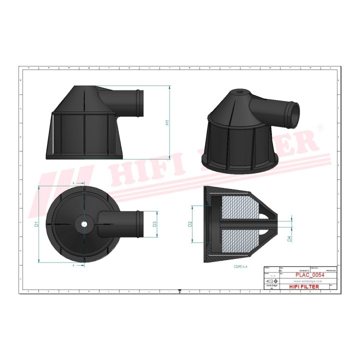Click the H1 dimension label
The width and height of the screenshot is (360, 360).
pyautogui.click(x=168, y=122)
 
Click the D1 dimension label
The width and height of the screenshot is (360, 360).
pyautogui.click(x=36, y=224)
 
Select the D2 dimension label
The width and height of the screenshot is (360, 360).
pyautogui.click(x=189, y=224)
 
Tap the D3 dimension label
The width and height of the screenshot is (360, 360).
pyautogui.click(x=155, y=224)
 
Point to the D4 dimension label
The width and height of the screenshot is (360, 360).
pyautogui.click(x=289, y=239)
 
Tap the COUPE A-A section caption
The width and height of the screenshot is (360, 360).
pyautogui.click(x=241, y=267)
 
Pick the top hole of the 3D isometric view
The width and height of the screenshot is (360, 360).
pyautogui.click(x=239, y=92)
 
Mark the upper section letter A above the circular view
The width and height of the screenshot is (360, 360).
pyautogui.click(x=74, y=184)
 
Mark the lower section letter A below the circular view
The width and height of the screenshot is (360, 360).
pyautogui.click(x=74, y=266)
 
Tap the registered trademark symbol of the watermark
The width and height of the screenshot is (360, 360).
pyautogui.click(x=320, y=129)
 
